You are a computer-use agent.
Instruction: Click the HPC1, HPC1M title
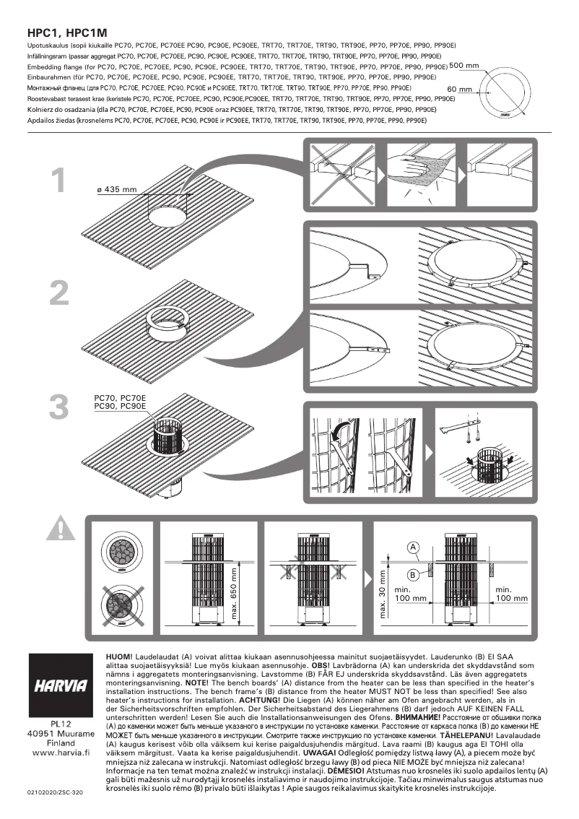point(66,33)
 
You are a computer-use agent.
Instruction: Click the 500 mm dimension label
point(463,66)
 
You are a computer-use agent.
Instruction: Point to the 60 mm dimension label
point(459,90)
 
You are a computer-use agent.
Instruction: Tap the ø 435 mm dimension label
point(116,190)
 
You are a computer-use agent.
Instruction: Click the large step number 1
point(61,181)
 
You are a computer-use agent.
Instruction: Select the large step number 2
point(61,292)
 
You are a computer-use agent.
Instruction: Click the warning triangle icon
point(61,529)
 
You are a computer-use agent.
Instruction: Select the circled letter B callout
point(412,575)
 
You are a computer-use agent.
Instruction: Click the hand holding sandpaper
point(413,168)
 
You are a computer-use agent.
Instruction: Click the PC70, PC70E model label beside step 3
point(120,399)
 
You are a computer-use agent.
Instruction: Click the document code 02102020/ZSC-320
point(56,792)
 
